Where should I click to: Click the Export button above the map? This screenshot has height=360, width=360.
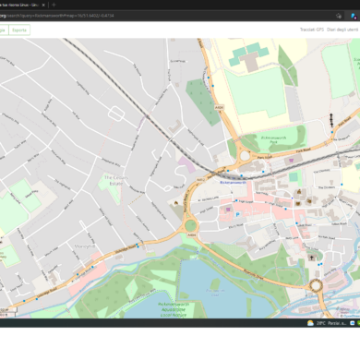[20, 30]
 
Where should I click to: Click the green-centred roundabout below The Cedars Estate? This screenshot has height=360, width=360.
[191, 225]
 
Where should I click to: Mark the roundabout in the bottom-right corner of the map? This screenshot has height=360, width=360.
[317, 284]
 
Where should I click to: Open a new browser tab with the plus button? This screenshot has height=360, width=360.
[55, 5]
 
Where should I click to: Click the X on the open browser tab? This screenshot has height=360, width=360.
[44, 5]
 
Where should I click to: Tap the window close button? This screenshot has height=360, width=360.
[351, 5]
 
